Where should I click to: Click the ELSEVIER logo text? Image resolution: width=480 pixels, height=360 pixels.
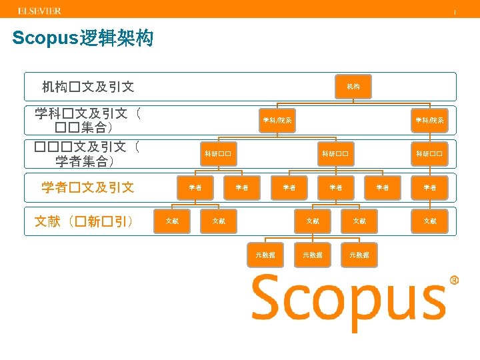click(x=39, y=11)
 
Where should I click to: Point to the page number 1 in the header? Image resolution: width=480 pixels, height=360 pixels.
click(x=455, y=12)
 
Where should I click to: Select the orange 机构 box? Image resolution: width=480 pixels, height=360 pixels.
click(x=353, y=87)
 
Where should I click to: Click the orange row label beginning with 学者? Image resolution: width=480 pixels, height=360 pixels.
click(x=88, y=187)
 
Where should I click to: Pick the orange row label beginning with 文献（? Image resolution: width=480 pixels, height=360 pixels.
click(x=84, y=221)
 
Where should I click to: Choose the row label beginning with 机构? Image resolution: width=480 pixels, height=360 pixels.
click(x=88, y=87)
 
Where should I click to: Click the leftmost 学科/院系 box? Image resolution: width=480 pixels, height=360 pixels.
click(x=276, y=121)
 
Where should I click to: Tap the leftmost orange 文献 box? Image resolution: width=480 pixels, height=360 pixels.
click(x=171, y=221)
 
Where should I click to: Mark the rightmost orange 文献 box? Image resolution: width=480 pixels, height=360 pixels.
click(x=429, y=221)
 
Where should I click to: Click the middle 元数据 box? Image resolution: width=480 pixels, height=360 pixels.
click(x=312, y=254)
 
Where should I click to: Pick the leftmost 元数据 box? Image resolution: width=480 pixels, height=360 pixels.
click(x=265, y=254)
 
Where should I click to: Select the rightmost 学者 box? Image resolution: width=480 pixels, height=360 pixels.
click(x=429, y=187)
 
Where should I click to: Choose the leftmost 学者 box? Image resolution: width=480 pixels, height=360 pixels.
click(x=195, y=187)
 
